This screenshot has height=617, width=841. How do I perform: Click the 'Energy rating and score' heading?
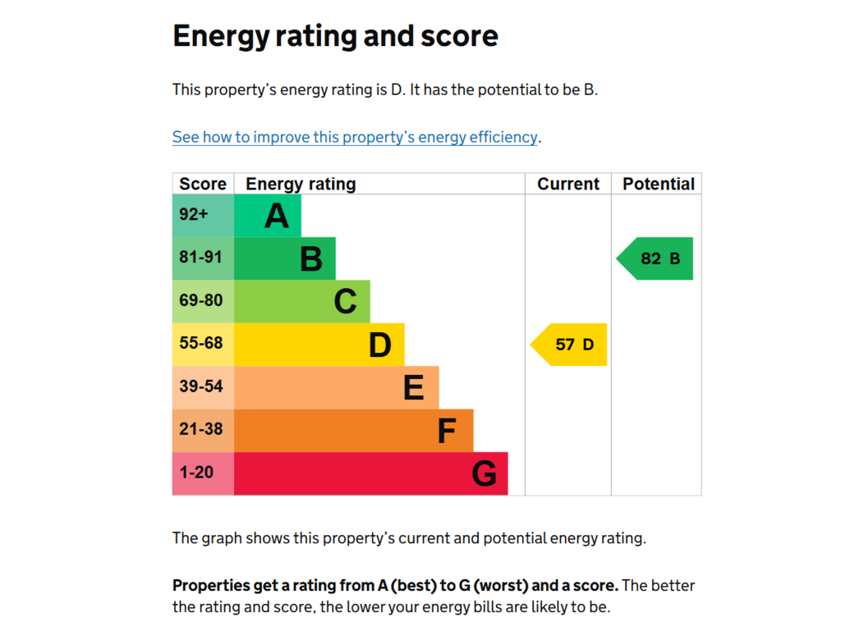click(335, 36)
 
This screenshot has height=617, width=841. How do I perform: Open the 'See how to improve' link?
click(355, 137)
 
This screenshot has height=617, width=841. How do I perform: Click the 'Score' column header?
click(203, 184)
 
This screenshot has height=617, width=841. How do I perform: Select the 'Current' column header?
click(568, 184)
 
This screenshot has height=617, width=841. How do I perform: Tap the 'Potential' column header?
click(658, 184)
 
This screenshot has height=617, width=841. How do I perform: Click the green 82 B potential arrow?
click(655, 258)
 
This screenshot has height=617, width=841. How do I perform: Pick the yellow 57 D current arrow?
click(568, 345)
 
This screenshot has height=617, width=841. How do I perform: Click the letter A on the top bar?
click(277, 216)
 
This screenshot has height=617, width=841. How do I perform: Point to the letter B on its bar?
click(311, 259)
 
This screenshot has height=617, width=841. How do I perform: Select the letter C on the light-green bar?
click(346, 302)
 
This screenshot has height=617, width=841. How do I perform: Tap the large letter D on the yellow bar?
click(379, 345)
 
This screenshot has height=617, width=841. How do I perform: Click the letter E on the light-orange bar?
click(414, 388)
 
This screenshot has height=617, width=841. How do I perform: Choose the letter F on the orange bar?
click(447, 431)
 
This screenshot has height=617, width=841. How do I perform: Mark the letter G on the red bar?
click(484, 474)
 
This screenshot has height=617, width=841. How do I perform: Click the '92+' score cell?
click(193, 214)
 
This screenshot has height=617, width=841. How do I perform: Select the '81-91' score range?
click(200, 257)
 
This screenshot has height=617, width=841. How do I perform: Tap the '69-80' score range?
click(200, 300)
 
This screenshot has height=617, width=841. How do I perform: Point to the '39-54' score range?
click(200, 386)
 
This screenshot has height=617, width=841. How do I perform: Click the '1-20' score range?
click(196, 473)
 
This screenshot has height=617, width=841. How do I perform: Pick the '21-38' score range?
click(200, 429)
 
